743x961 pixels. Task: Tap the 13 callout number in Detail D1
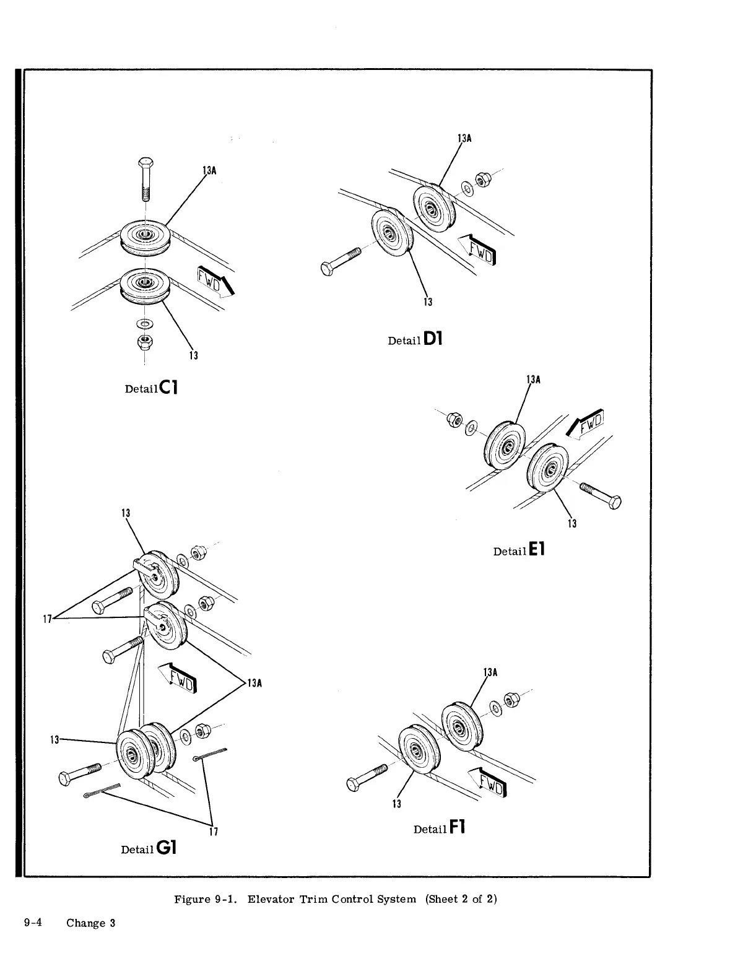[x=427, y=302]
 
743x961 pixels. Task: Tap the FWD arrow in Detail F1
[x=489, y=780]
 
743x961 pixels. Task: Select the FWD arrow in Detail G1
[x=178, y=677]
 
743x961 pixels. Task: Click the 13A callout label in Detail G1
[x=255, y=684]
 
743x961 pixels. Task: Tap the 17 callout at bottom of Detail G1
[x=213, y=832]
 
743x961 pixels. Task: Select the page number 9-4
[x=33, y=923]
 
